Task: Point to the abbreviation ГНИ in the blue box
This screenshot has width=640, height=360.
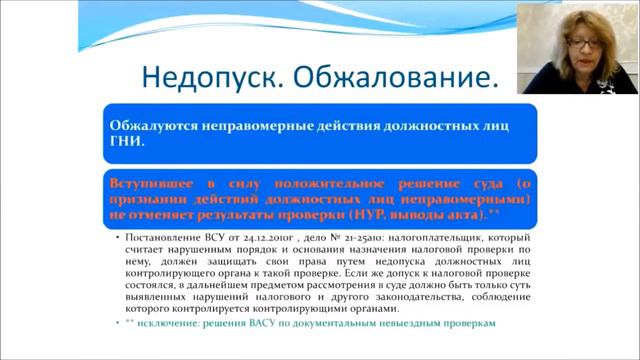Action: (x=128, y=142)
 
